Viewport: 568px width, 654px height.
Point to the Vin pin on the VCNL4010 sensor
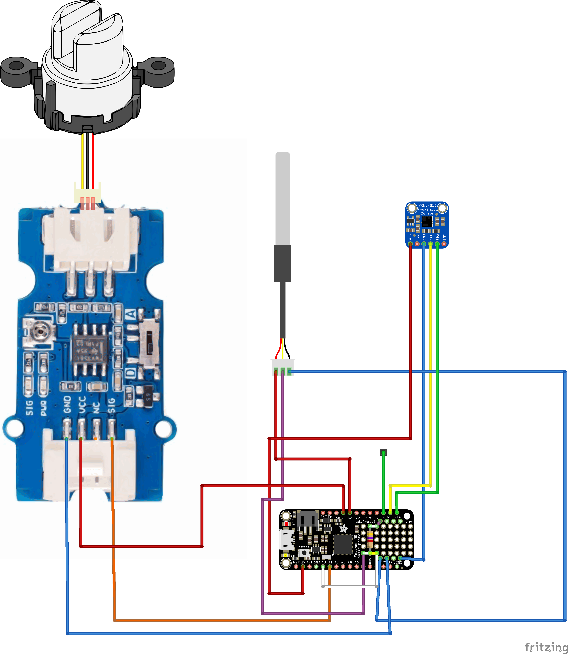point(410,244)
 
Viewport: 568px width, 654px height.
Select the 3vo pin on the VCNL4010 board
point(417,244)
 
